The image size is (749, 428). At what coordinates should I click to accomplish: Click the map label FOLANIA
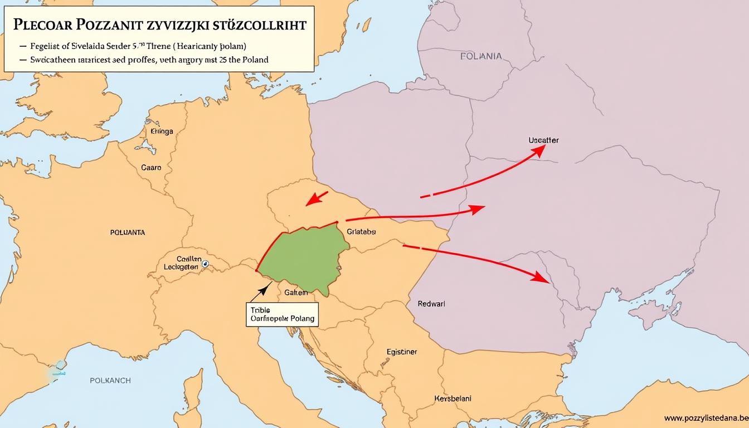tap(481, 56)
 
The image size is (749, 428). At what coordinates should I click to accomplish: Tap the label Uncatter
tap(543, 140)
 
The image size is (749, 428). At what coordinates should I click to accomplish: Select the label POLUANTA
tap(128, 232)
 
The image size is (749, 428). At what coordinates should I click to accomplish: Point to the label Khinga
tap(162, 132)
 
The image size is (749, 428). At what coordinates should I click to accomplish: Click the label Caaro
tap(151, 167)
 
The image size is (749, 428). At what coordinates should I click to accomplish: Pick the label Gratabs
tap(361, 231)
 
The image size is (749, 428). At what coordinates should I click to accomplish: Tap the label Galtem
tap(296, 292)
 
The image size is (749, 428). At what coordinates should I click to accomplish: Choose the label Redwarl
tap(431, 304)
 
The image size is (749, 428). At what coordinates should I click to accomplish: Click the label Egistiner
tap(401, 352)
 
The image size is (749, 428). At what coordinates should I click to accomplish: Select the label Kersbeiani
tap(452, 398)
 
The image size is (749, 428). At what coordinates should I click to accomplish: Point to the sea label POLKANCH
tap(110, 380)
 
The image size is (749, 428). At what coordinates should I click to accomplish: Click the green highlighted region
tap(304, 256)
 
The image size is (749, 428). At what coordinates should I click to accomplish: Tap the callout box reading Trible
tap(281, 315)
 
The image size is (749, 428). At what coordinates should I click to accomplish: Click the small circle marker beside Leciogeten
tap(205, 264)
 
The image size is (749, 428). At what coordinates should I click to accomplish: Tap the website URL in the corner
tap(706, 418)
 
